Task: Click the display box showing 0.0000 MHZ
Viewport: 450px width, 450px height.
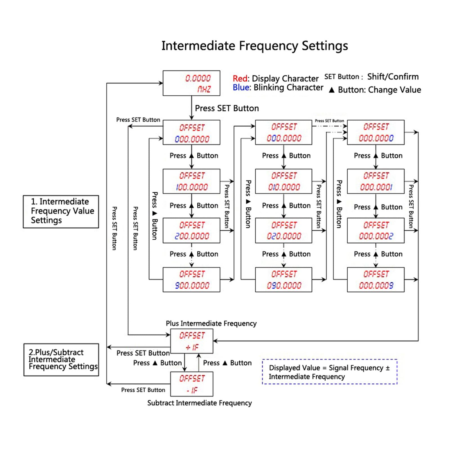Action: coord(191,83)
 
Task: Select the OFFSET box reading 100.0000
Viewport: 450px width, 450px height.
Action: coord(191,181)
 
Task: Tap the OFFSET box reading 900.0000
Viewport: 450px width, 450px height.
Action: coord(191,280)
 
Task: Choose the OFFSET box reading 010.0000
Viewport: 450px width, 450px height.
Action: coord(283,181)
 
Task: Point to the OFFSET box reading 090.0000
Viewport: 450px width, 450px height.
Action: coord(283,280)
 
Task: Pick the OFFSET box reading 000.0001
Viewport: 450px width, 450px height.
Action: coord(376,181)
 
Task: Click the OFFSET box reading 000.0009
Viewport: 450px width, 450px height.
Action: coord(376,280)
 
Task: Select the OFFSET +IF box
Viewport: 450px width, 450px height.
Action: coord(192,341)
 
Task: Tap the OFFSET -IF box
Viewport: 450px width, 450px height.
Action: coord(192,384)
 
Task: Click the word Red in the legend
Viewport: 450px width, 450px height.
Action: coord(240,78)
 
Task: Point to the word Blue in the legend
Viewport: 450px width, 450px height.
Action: coord(241,87)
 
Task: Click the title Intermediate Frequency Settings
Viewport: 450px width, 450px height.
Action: coord(255,46)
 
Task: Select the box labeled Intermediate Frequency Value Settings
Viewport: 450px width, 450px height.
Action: coord(61,211)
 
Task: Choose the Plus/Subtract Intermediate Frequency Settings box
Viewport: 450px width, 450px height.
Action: coord(61,360)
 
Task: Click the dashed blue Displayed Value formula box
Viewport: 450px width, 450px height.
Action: coord(330,372)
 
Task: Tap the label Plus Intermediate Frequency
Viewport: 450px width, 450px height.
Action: coord(211,323)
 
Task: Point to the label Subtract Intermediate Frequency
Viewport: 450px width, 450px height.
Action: coord(199,403)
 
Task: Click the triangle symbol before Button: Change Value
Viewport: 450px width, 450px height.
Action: coord(332,90)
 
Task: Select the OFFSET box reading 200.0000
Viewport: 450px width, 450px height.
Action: coord(191,231)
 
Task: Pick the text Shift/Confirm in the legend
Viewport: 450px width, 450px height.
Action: coord(393,76)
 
